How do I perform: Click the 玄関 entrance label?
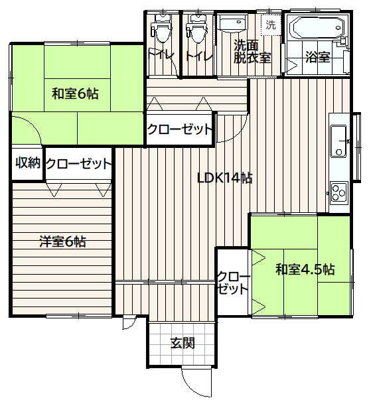coord(183,343)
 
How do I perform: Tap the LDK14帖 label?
coord(224,178)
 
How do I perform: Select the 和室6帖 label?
coord(75,94)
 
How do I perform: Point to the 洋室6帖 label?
coord(62,241)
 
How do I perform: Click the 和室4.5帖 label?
coord(305,269)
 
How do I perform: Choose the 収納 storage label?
coord(28,163)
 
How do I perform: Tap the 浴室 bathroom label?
coord(317,56)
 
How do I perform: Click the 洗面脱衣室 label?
coord(252,52)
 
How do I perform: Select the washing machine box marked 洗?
coord(271,25)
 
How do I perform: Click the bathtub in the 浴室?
coord(317,28)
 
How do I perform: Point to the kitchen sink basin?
coord(338,141)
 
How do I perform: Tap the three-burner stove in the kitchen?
coord(339,192)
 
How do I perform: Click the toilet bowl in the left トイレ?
coord(162,31)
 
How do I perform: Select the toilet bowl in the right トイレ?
coord(197,31)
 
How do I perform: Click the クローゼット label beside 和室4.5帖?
coord(233,283)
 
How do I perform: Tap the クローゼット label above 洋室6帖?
coord(78,163)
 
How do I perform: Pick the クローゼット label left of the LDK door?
coord(179,129)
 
